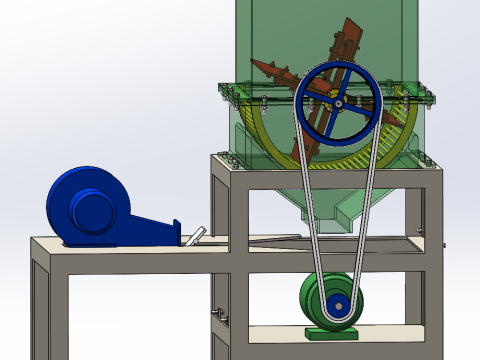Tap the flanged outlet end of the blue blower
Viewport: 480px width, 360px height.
(177, 231)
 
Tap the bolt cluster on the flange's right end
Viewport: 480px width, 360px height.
(429, 96)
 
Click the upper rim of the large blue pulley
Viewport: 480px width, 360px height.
(339, 65)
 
